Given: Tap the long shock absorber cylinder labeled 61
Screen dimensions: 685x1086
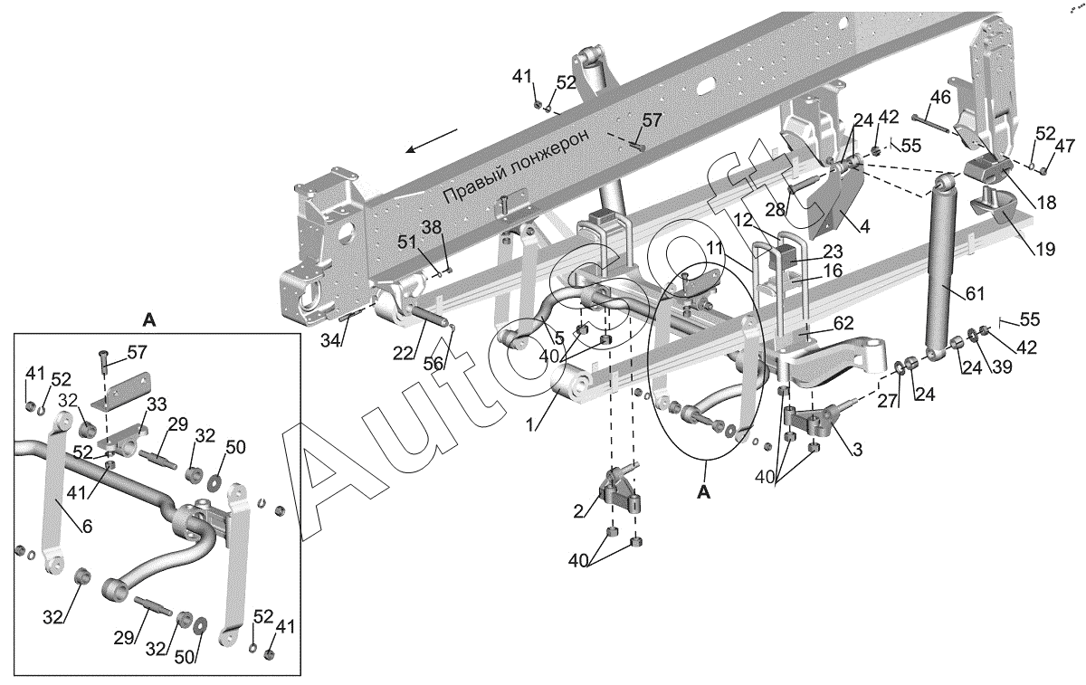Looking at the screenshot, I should [x=941, y=271].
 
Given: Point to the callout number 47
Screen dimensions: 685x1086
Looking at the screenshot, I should [x=1065, y=147].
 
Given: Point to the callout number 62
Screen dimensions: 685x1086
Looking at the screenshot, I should [x=843, y=322].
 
